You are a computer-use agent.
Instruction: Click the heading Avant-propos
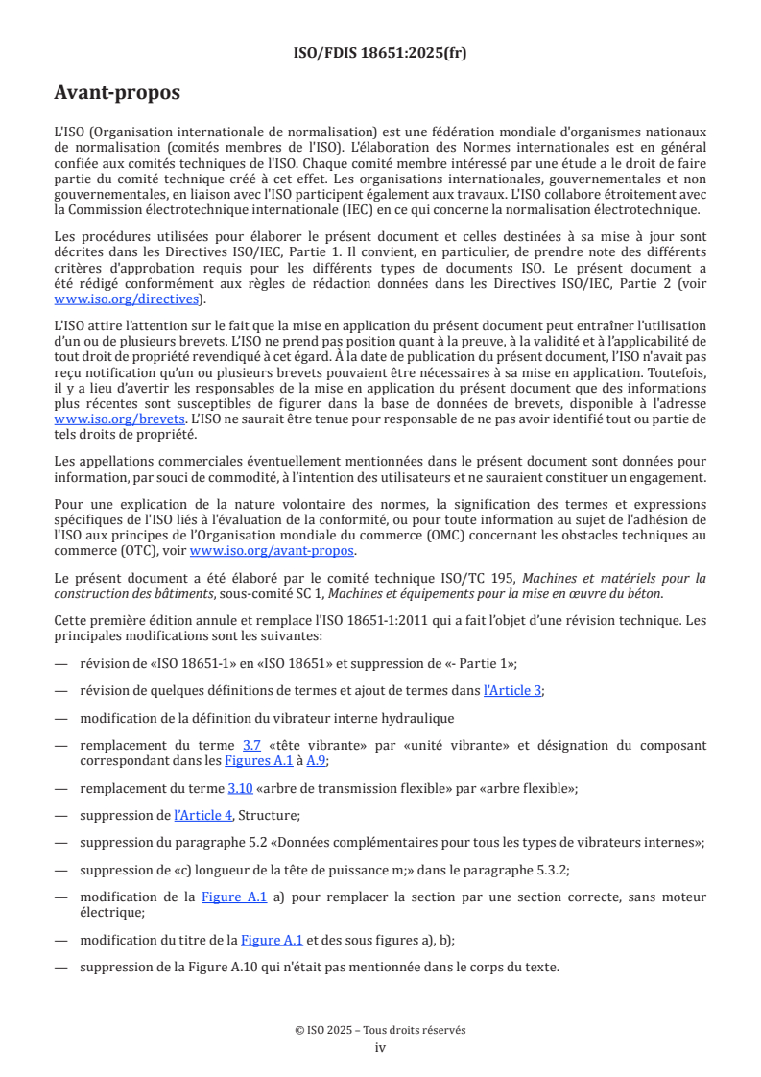click(x=117, y=93)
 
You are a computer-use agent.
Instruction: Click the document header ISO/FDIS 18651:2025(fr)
click(x=380, y=53)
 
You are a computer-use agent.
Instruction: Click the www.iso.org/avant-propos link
click(x=272, y=550)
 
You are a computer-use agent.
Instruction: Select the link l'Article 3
click(x=512, y=689)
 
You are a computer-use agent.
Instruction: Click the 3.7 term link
click(x=251, y=745)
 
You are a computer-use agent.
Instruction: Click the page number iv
click(x=380, y=1047)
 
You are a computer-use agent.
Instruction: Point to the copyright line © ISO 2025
click(x=380, y=1030)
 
